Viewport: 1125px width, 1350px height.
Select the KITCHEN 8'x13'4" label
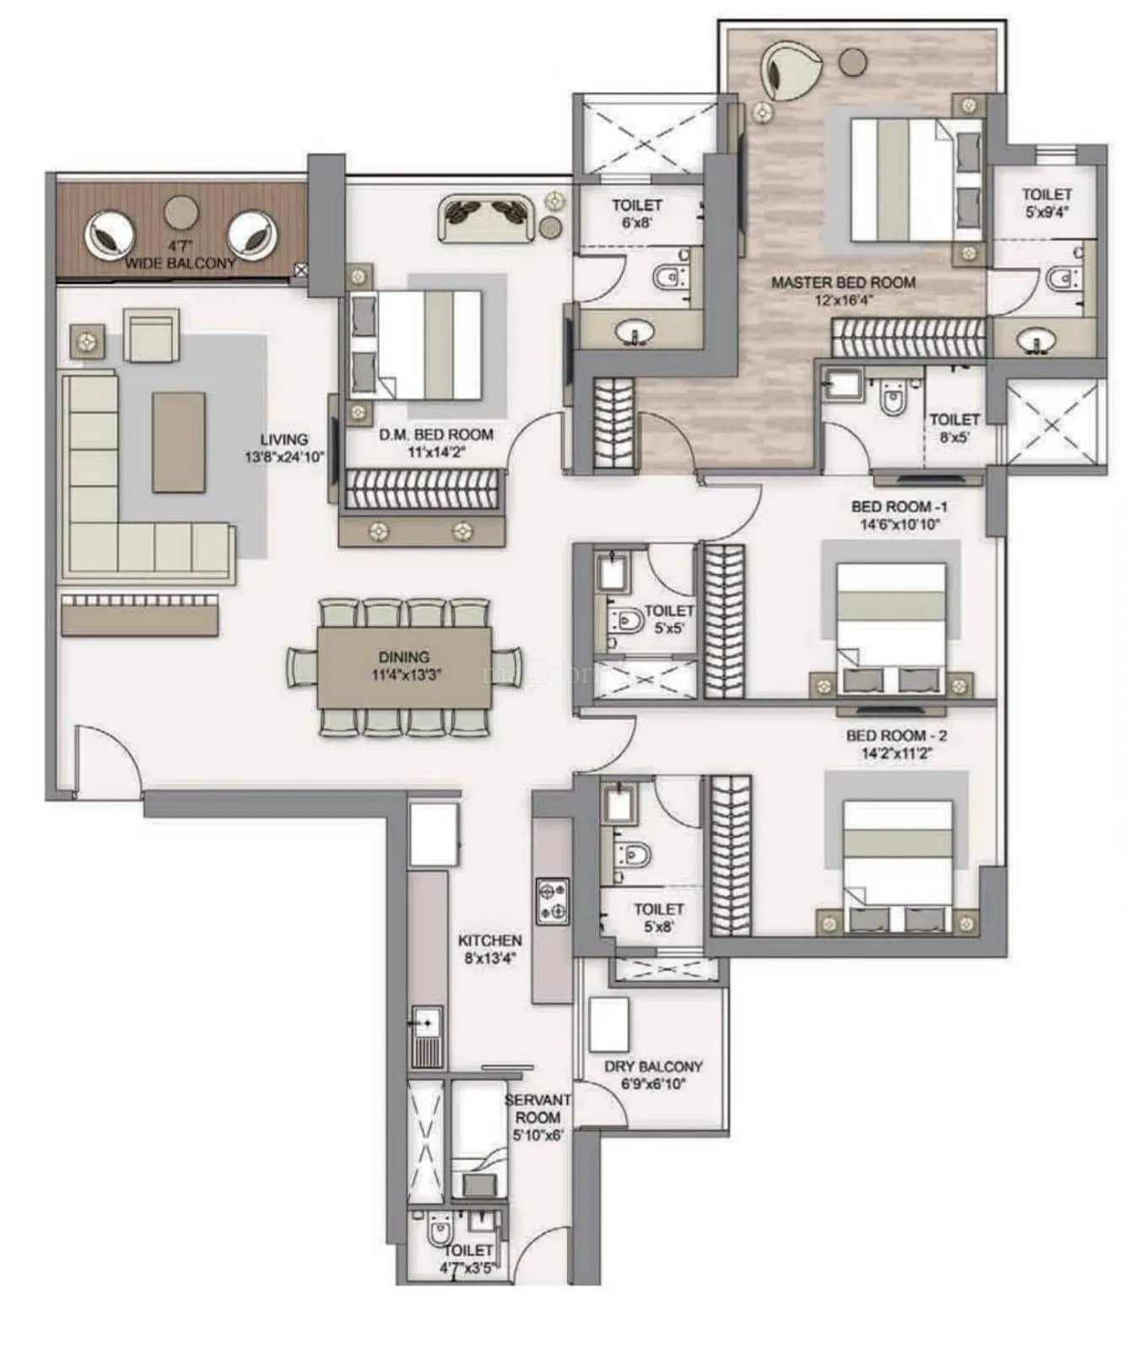tap(489, 948)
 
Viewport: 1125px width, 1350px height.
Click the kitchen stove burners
tap(552, 901)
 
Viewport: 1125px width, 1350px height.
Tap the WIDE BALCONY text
tap(181, 263)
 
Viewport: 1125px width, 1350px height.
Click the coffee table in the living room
tap(178, 442)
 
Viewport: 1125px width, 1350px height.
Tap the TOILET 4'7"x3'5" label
tap(468, 1257)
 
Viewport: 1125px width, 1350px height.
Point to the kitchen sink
tap(425, 1024)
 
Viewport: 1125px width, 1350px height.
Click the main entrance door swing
tap(108, 760)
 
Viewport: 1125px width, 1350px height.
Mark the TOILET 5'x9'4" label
tap(1047, 203)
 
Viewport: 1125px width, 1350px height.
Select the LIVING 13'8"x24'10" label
tap(284, 448)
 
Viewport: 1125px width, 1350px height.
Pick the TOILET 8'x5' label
tap(954, 427)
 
